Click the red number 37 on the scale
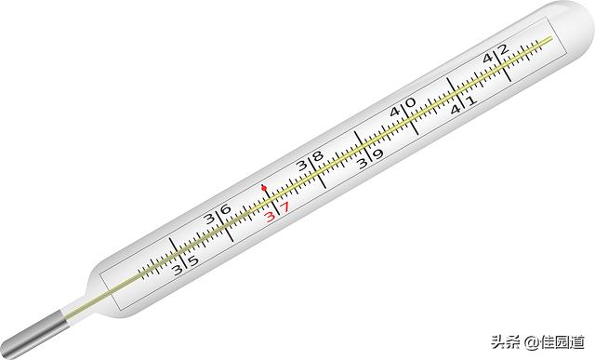pyautogui.click(x=278, y=212)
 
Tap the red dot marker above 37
pyautogui.click(x=264, y=188)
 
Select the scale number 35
pyautogui.click(x=185, y=265)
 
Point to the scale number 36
pyautogui.click(x=217, y=214)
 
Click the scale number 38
pyautogui.click(x=310, y=161)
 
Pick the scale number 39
pyautogui.click(x=370, y=159)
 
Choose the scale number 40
pyautogui.click(x=403, y=107)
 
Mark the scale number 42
pyautogui.click(x=496, y=54)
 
